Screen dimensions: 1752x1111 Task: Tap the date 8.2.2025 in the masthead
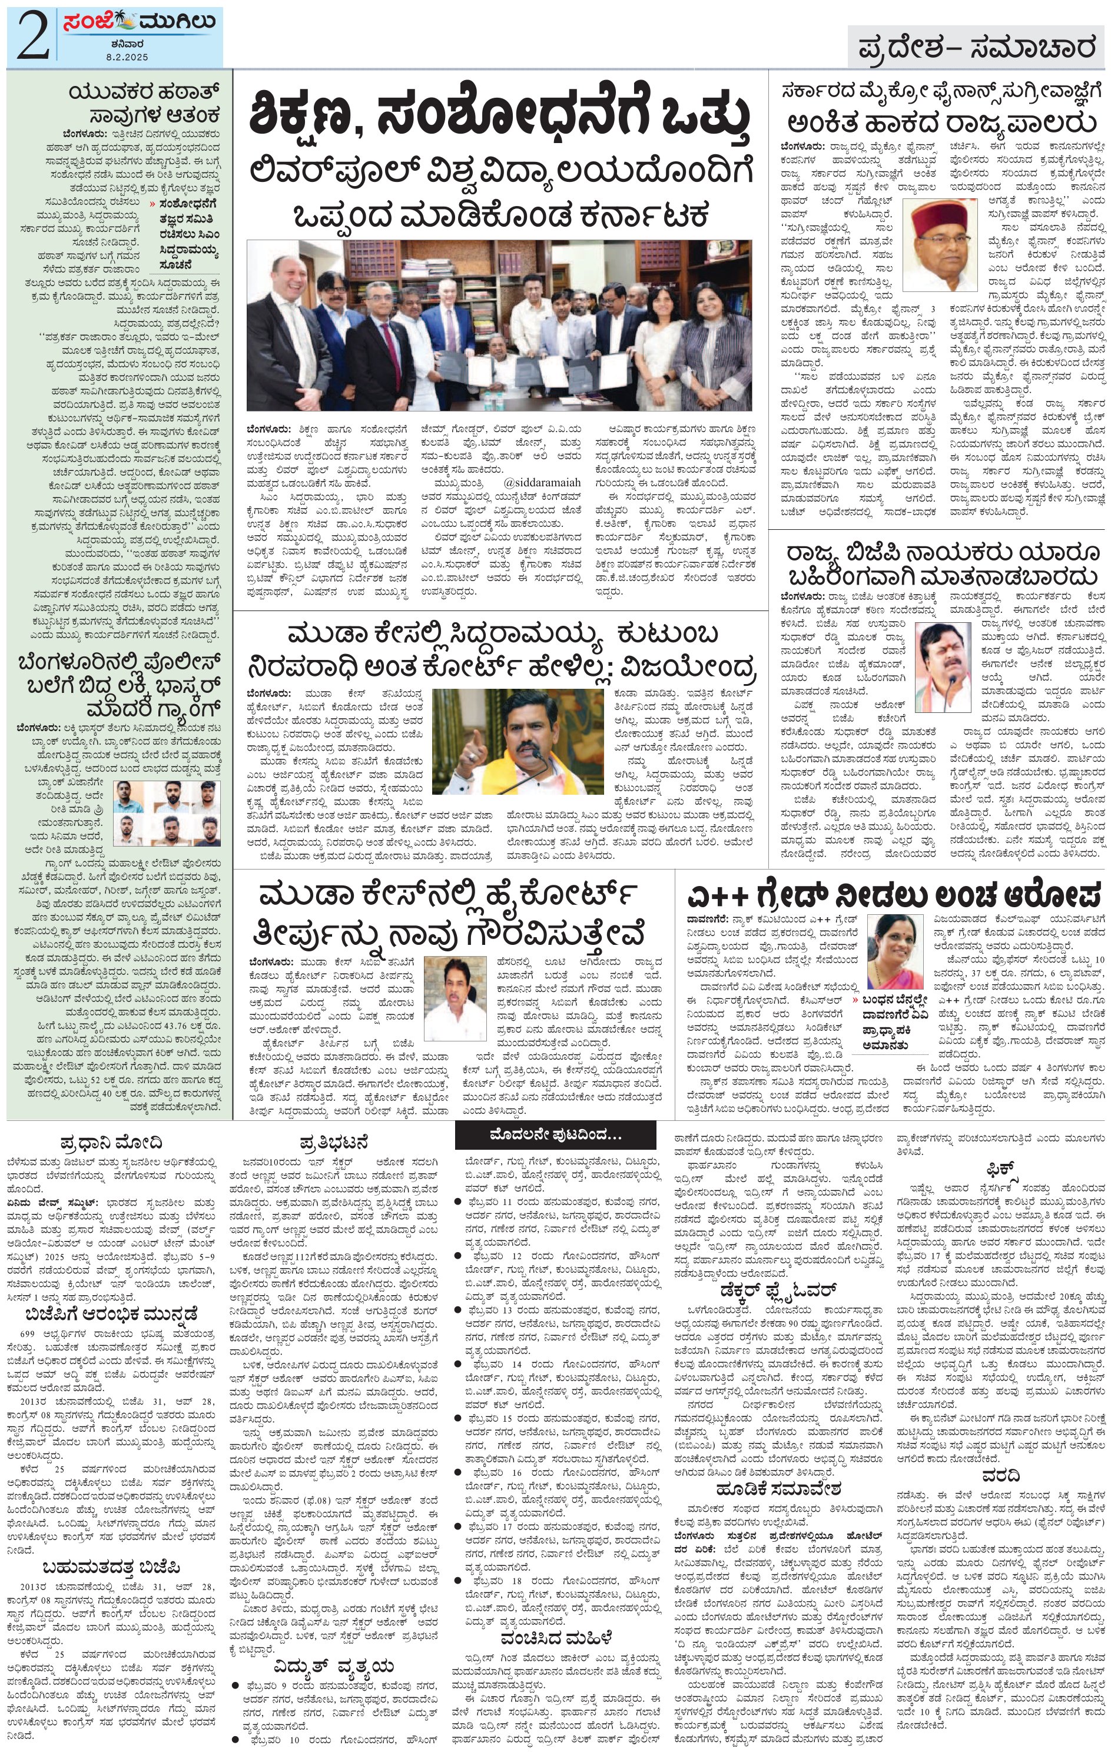[x=127, y=56]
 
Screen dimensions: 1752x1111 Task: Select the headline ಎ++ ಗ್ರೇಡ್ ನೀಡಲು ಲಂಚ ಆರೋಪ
[x=894, y=892]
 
